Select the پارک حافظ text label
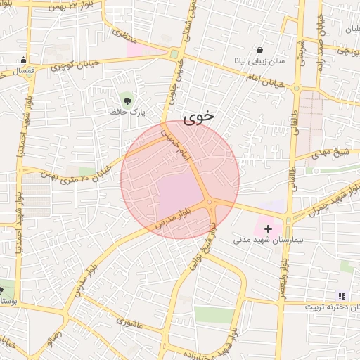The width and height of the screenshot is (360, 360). (127, 111)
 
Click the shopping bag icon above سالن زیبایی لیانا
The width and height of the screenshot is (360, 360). (259, 51)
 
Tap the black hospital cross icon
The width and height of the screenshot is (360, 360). (268, 229)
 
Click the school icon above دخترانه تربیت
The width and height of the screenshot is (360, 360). (342, 297)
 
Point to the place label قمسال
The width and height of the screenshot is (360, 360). (23, 71)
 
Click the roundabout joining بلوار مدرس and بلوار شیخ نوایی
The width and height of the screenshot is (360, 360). (210, 203)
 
